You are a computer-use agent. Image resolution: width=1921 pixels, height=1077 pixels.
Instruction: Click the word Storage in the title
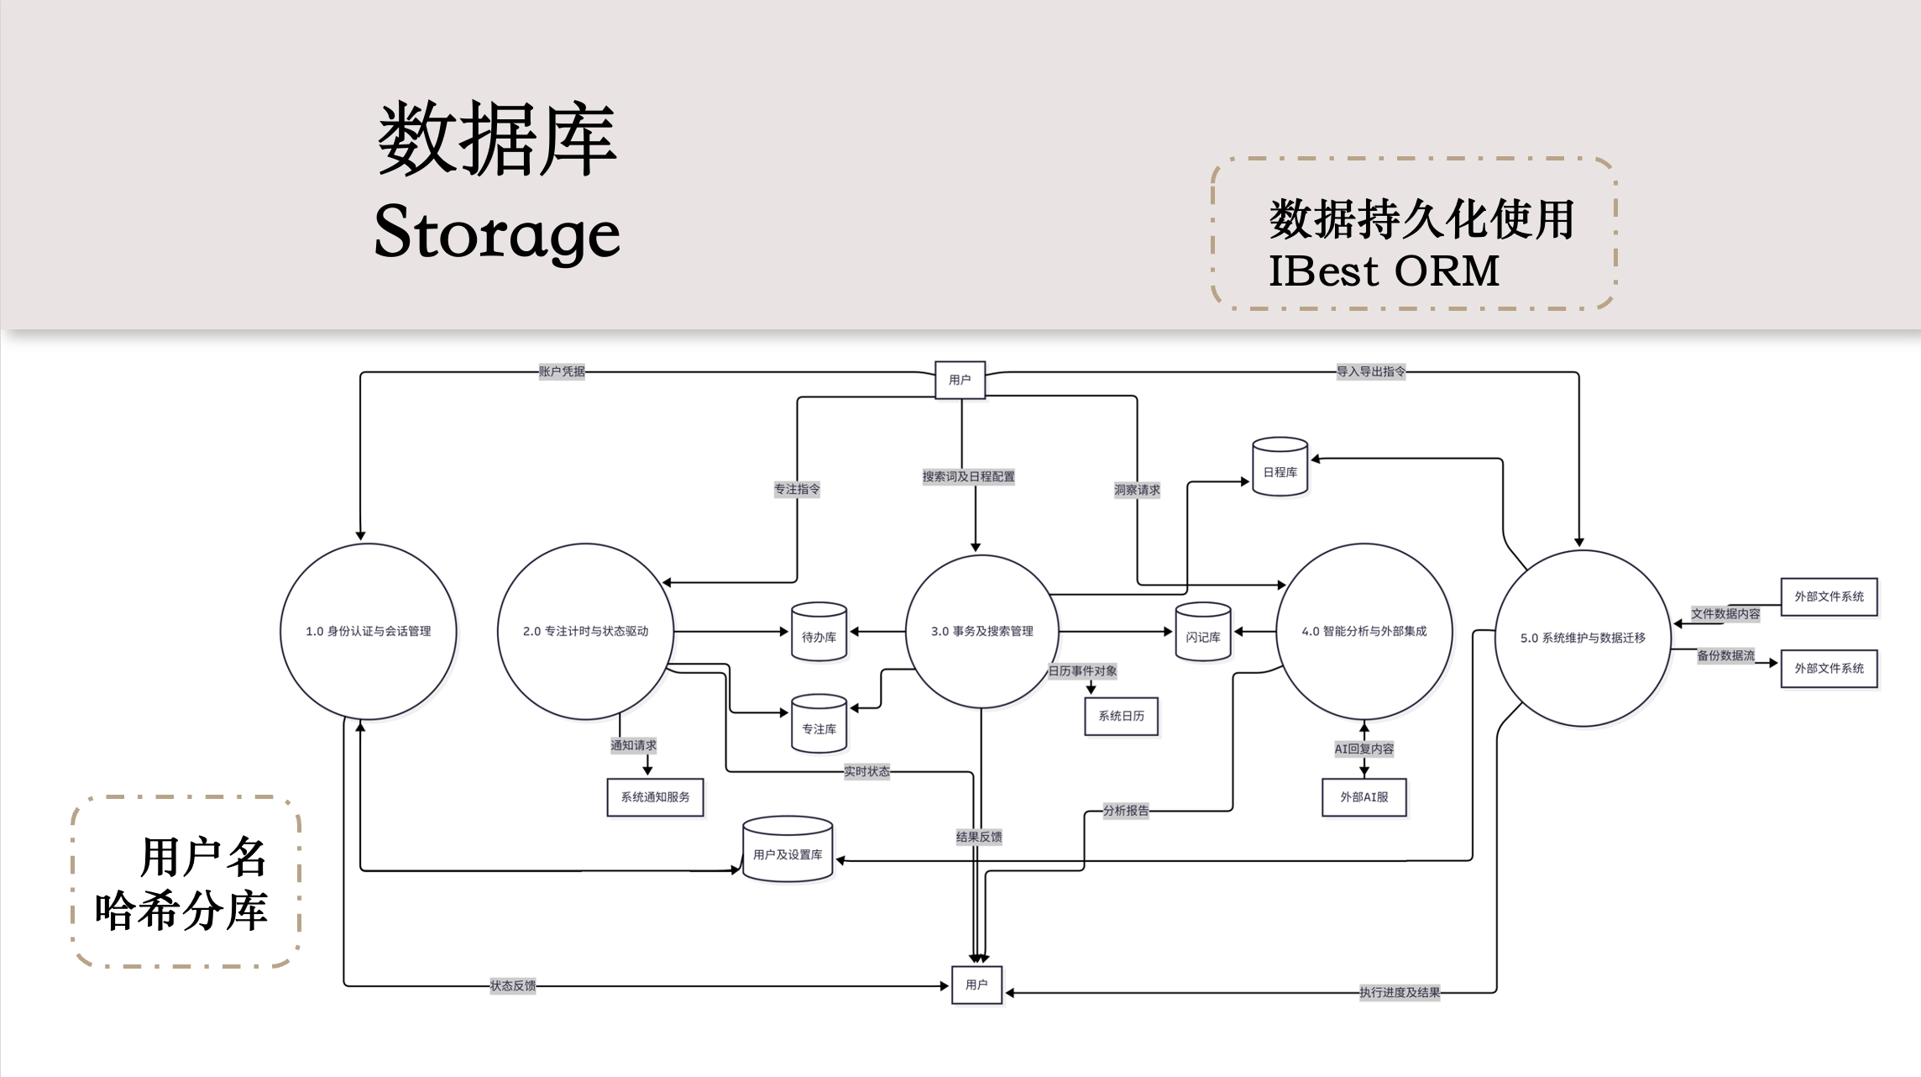click(497, 232)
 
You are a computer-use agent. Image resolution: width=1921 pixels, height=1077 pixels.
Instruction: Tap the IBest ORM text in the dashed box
click(1384, 271)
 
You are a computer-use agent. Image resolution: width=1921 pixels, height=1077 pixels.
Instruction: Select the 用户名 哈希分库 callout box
click(186, 882)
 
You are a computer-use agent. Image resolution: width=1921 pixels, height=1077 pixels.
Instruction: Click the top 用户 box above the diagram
click(960, 380)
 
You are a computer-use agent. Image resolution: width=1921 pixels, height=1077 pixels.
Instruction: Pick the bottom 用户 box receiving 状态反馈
click(976, 985)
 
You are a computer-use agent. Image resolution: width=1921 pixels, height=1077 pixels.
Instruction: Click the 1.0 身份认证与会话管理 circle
click(368, 631)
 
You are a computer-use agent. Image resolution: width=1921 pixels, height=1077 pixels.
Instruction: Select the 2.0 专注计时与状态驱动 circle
click(585, 631)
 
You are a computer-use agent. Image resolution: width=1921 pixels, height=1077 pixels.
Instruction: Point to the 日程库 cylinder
click(1280, 468)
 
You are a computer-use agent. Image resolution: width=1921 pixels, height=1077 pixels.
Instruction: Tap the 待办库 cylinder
click(819, 633)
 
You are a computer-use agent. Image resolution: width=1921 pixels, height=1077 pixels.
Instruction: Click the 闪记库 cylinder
click(1202, 633)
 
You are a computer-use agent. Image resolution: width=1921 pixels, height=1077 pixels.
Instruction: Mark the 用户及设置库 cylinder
click(788, 850)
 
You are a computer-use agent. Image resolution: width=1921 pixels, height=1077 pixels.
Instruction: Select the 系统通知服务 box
click(655, 797)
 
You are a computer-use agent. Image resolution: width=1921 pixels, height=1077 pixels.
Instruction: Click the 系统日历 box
click(1121, 716)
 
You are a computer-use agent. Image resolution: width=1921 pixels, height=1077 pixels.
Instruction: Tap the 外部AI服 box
click(1364, 797)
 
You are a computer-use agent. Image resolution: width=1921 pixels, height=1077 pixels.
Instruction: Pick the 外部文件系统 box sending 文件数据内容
click(1829, 596)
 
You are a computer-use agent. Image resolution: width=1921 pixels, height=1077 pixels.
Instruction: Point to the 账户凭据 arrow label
click(562, 371)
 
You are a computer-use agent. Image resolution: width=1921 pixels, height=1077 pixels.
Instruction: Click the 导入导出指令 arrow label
click(1370, 371)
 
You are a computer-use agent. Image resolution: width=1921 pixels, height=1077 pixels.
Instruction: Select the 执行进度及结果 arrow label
click(1400, 992)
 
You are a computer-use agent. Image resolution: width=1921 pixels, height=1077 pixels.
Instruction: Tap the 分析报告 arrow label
click(1125, 811)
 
